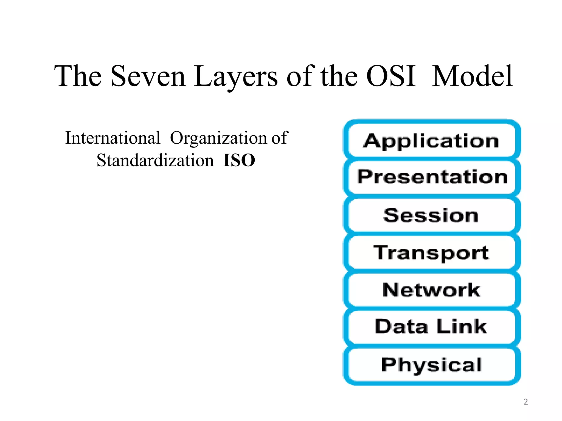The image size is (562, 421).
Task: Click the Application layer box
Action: pos(432,140)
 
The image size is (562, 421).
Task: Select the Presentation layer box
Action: pos(432,177)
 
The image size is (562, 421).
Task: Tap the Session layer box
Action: pos(432,215)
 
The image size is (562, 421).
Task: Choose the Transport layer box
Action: pos(432,252)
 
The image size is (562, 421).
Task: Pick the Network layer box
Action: pos(432,290)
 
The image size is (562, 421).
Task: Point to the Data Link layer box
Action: pos(432,327)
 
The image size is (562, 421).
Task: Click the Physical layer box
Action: pos(432,365)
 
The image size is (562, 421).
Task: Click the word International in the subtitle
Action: pos(113,138)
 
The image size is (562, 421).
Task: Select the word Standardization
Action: pos(155,160)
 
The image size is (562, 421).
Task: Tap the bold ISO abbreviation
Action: pos(239,160)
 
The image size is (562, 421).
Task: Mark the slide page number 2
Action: pos(526,402)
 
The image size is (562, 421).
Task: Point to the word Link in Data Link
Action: pos(462,327)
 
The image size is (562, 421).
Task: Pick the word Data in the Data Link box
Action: pos(401,327)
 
